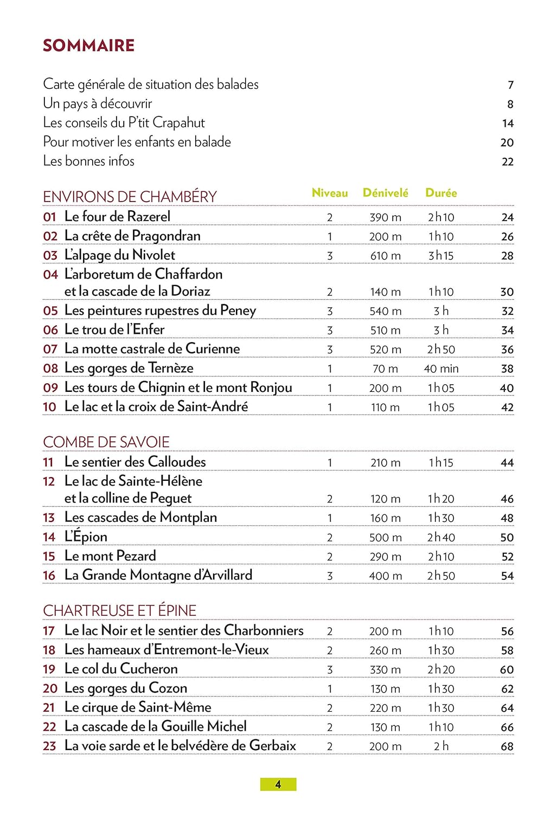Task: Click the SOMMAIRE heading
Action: click(88, 46)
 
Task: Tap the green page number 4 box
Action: click(278, 784)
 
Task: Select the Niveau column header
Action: click(330, 193)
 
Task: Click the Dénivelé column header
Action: click(385, 193)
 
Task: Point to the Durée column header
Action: click(441, 193)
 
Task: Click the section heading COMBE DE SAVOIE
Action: click(106, 442)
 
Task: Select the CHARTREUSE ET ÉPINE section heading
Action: click(119, 611)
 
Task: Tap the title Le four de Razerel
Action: click(117, 217)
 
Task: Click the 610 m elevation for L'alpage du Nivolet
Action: click(386, 256)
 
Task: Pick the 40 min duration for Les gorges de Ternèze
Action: click(441, 369)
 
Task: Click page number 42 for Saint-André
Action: click(507, 408)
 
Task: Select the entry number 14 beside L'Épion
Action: click(49, 537)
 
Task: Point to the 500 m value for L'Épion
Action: click(386, 538)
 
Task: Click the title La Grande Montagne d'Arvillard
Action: click(158, 575)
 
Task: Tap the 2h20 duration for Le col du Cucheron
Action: click(441, 670)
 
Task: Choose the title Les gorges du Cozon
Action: click(126, 688)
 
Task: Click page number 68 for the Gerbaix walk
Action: click(507, 747)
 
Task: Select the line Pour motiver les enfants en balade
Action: click(137, 142)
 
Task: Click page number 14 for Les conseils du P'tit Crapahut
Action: click(508, 124)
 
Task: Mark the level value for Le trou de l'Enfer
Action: click(330, 331)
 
